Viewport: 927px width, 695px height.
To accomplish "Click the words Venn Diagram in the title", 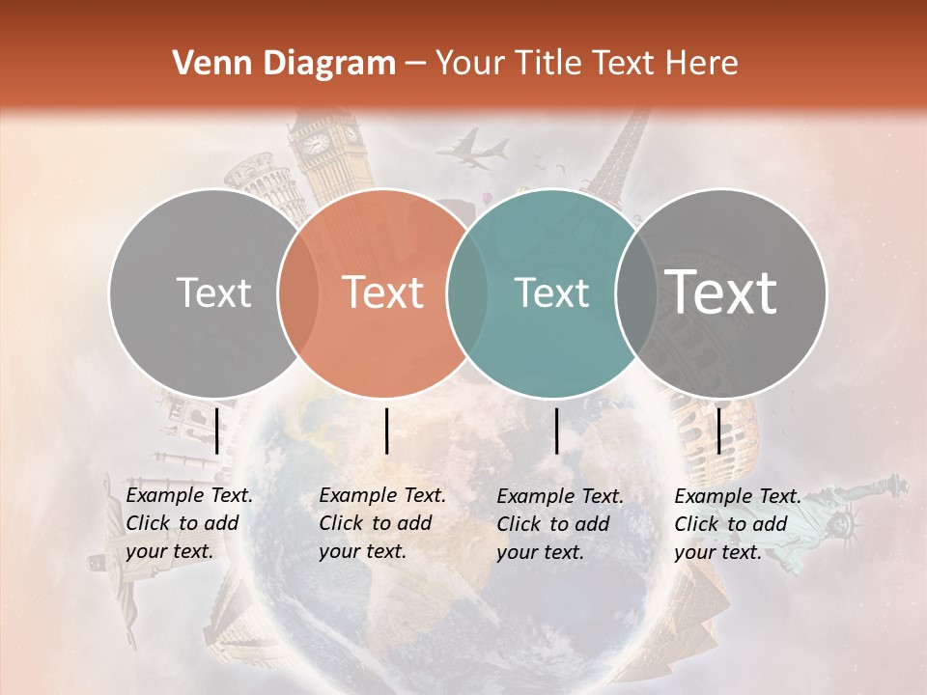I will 284,64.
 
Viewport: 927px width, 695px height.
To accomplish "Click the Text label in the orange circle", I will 383,292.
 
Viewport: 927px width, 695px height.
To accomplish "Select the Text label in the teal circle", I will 552,292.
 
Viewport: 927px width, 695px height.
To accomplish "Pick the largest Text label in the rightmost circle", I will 722,292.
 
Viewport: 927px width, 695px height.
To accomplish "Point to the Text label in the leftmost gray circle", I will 213,292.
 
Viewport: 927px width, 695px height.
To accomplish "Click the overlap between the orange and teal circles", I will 468,292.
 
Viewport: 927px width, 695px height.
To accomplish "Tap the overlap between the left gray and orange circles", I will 298,292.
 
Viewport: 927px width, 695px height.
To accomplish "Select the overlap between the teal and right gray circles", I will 636,292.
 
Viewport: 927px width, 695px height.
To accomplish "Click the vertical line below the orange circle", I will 386,431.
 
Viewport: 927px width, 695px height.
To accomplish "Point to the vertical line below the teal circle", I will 556,431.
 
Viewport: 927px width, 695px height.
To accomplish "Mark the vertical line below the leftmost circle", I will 216,431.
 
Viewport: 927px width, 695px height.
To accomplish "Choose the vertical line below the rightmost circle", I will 718,431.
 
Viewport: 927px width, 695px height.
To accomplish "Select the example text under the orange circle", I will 382,523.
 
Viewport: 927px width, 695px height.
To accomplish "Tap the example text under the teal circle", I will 560,524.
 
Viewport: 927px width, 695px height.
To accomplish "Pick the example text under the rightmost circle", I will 738,524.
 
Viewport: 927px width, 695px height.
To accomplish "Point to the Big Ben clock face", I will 317,145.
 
